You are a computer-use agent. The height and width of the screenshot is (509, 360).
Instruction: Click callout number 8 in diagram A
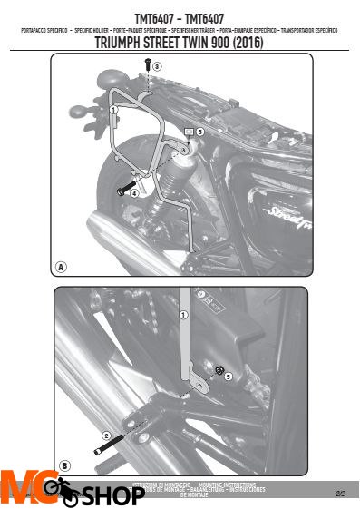click(x=158, y=66)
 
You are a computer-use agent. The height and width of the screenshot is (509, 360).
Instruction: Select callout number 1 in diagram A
click(x=113, y=109)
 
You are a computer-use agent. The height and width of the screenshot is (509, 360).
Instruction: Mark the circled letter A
click(x=61, y=267)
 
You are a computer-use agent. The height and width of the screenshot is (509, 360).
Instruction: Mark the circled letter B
click(x=64, y=465)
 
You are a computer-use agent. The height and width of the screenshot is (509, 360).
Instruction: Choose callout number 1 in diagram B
click(x=183, y=317)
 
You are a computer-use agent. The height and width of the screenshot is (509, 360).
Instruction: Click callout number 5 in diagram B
click(x=228, y=375)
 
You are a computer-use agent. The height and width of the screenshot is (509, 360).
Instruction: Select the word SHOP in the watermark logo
click(x=115, y=496)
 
